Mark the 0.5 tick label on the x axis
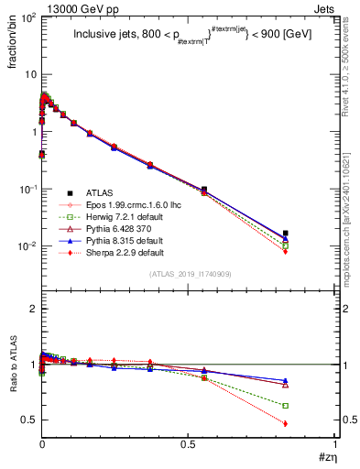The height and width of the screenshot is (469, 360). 189,445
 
